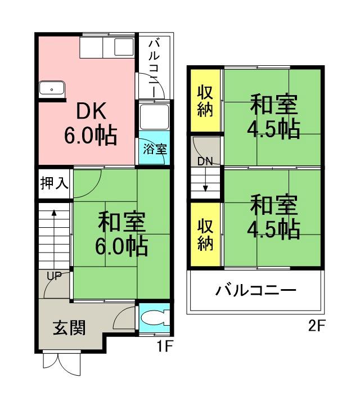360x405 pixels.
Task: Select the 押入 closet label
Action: pyautogui.click(x=54, y=184)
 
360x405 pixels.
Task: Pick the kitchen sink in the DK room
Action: pyautogui.click(x=52, y=89)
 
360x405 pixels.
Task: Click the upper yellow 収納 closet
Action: pyautogui.click(x=205, y=102)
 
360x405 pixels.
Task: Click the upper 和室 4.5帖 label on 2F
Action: pyautogui.click(x=273, y=117)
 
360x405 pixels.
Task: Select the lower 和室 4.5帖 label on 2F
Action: pyautogui.click(x=273, y=217)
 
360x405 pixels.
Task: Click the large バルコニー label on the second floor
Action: pyautogui.click(x=255, y=291)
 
